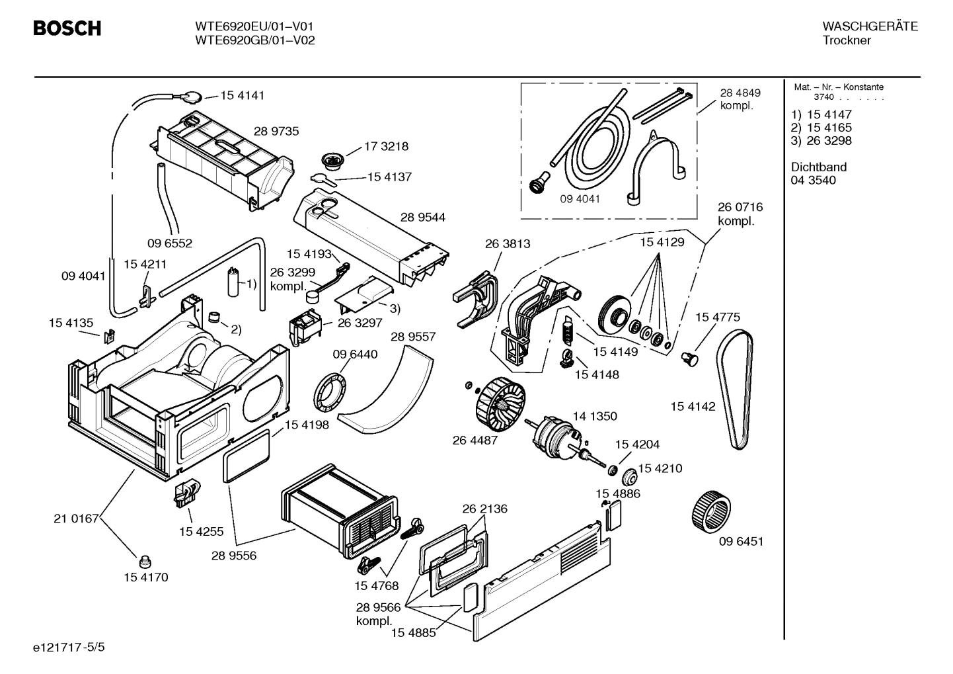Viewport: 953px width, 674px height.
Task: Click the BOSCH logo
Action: tap(67, 28)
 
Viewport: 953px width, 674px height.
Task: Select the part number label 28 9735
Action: tap(276, 131)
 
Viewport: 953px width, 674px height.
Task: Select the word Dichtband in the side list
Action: tap(818, 167)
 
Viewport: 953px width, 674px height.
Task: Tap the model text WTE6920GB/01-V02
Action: tap(254, 40)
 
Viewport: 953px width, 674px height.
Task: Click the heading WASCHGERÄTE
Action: tap(870, 26)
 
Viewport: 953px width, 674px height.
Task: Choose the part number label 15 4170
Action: tap(145, 577)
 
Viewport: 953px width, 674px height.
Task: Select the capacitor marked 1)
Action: tap(233, 282)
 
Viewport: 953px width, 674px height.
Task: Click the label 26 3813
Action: tap(507, 243)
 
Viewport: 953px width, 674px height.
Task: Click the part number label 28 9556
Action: tap(234, 556)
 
